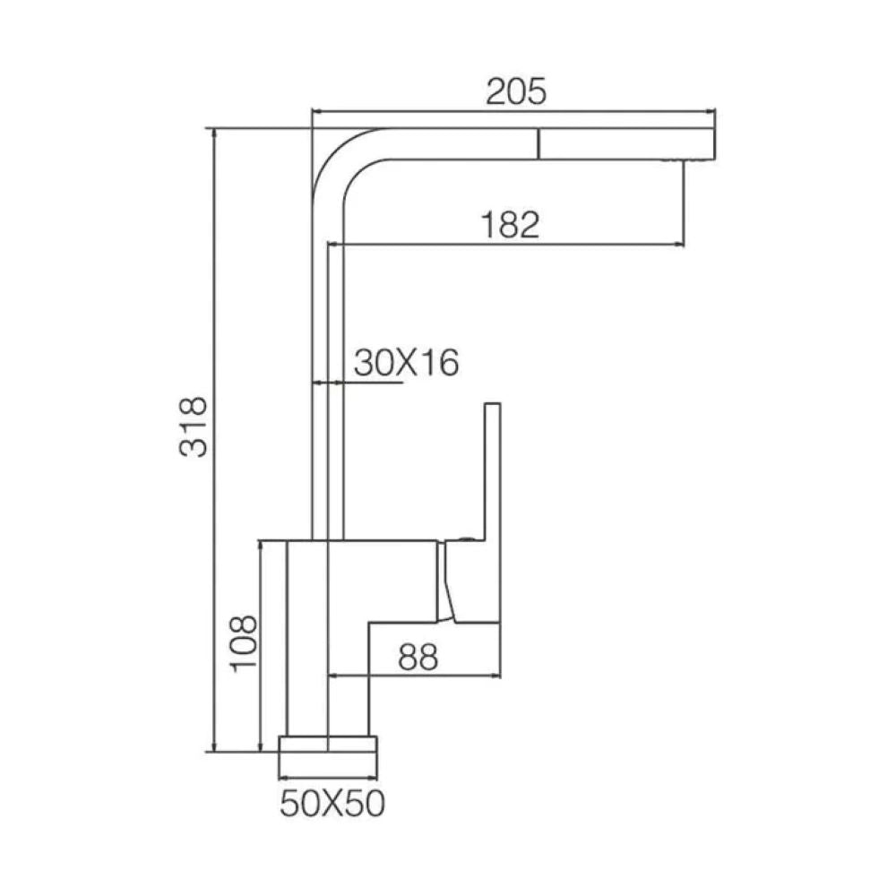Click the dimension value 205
click(516, 92)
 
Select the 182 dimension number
click(511, 225)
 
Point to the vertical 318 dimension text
click(194, 426)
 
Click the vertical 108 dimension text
click(243, 643)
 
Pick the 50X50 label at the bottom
click(332, 804)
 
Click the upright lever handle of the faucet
click(492, 471)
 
